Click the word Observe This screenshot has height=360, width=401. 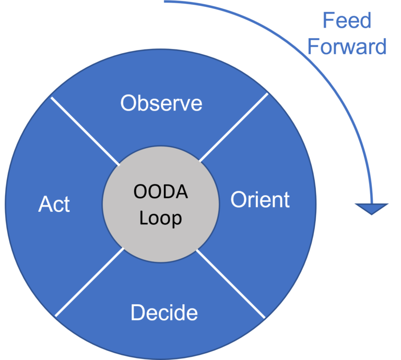(x=161, y=103)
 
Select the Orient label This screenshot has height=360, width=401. (x=260, y=199)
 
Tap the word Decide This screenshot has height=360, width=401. (x=164, y=312)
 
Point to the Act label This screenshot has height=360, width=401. (x=54, y=204)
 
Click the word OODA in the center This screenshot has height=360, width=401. (x=161, y=191)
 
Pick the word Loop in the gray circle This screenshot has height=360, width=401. (x=160, y=218)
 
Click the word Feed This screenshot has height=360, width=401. (x=347, y=20)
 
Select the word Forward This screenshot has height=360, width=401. (x=347, y=46)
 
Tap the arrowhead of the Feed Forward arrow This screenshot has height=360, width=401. (x=372, y=209)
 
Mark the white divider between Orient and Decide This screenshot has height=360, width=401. (x=231, y=284)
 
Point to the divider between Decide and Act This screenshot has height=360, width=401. (x=89, y=282)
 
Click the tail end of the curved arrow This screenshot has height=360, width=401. (x=164, y=2)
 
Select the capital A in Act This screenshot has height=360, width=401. (x=45, y=204)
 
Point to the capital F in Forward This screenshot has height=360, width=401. (x=313, y=46)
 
